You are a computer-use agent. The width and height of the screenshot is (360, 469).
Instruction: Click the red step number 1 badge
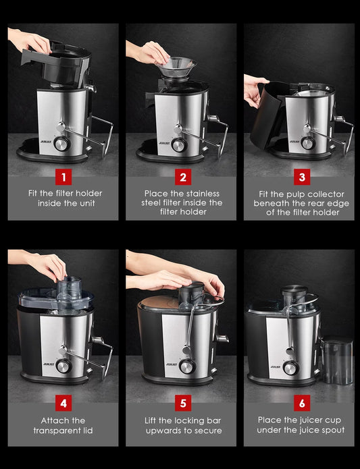click(63, 177)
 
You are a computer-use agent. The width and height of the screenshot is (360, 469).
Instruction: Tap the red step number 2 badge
click(182, 177)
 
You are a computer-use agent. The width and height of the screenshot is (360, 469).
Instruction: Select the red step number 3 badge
click(301, 177)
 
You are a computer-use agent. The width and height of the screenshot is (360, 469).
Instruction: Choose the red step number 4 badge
click(63, 404)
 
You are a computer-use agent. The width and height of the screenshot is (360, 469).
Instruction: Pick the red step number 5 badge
click(182, 404)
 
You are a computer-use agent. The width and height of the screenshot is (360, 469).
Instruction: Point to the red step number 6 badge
click(301, 404)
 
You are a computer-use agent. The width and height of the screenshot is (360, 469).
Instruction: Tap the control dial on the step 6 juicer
click(291, 368)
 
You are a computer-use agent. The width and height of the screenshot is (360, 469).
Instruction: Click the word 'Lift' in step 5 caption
click(153, 420)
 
